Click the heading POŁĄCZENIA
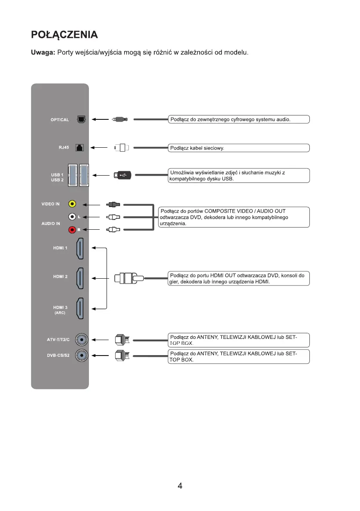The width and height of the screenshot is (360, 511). point(64,34)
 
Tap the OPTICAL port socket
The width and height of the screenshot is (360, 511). point(80,119)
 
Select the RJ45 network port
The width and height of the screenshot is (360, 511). point(79,148)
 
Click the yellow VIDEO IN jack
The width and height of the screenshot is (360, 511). point(73,204)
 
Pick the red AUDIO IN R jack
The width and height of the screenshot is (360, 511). point(73,230)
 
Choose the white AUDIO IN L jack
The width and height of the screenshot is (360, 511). point(73,217)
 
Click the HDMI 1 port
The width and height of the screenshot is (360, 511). point(80,248)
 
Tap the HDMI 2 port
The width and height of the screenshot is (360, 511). point(80,278)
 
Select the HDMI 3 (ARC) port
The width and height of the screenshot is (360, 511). point(80,308)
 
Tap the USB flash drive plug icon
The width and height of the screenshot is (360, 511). point(122,175)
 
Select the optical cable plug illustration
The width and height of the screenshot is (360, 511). point(119,119)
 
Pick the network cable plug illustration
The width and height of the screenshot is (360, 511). point(122,148)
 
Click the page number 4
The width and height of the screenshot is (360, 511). point(180,486)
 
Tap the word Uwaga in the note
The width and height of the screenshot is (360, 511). point(42,52)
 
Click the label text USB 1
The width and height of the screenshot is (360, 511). point(57,175)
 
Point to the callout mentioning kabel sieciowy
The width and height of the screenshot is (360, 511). point(238,148)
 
